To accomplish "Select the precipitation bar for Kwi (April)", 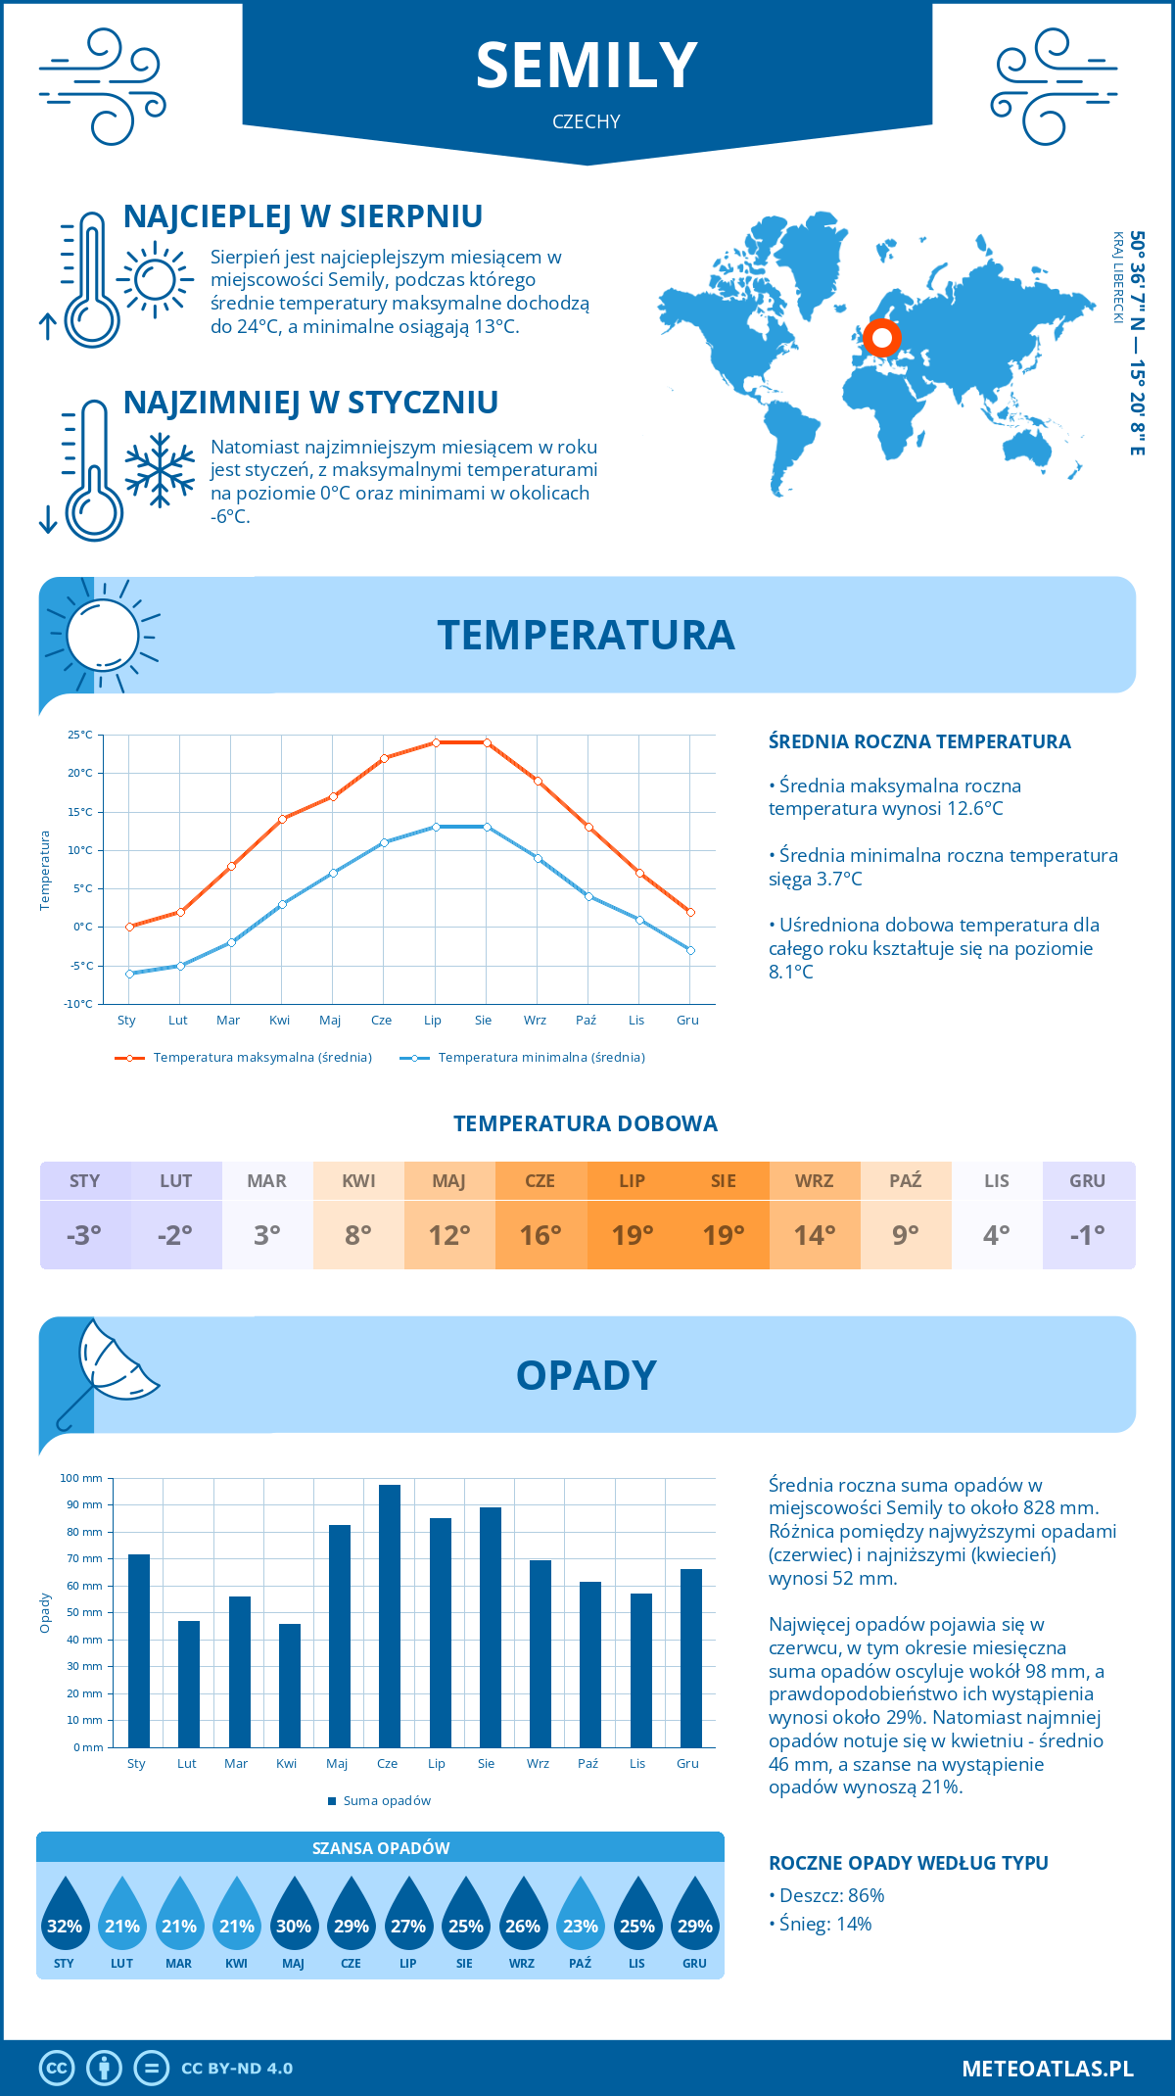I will (290, 1686).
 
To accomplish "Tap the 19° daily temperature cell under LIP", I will (633, 1235).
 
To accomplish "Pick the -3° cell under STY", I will (84, 1235).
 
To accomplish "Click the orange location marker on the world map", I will (881, 338).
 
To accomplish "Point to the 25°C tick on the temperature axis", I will (80, 735).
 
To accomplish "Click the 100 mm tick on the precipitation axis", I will (82, 1478).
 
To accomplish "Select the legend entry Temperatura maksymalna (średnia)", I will (244, 1058).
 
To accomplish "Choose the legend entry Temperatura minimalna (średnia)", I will (524, 1058).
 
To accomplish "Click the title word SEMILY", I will (587, 66).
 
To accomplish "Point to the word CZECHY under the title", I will (587, 121).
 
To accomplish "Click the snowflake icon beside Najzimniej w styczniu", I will (160, 470).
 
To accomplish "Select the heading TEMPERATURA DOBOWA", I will (586, 1123).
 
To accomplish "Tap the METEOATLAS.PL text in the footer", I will (1048, 2069).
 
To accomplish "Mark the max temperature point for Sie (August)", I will (487, 742).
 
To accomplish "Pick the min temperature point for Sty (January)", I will (129, 974).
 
